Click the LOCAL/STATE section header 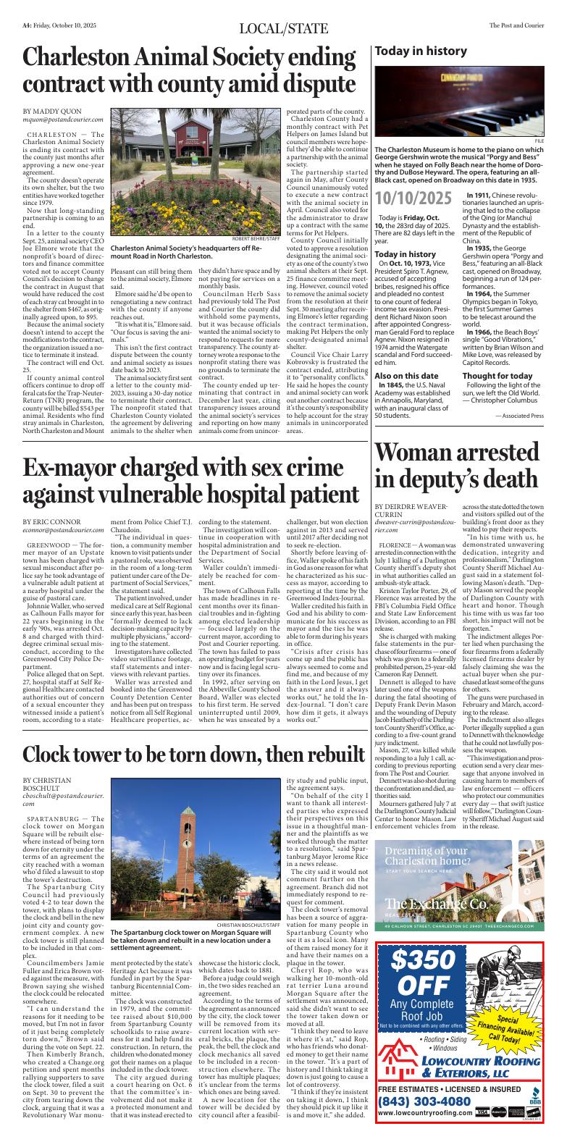[x=283, y=28]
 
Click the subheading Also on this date [x=406, y=355]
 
